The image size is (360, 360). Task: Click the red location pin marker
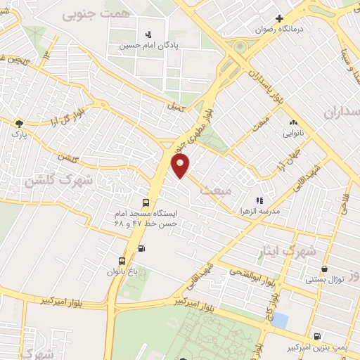[181, 165]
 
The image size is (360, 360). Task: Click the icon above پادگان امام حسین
[148, 34]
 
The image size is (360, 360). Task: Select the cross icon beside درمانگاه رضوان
[279, 18]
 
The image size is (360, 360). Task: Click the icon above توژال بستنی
[324, 268]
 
